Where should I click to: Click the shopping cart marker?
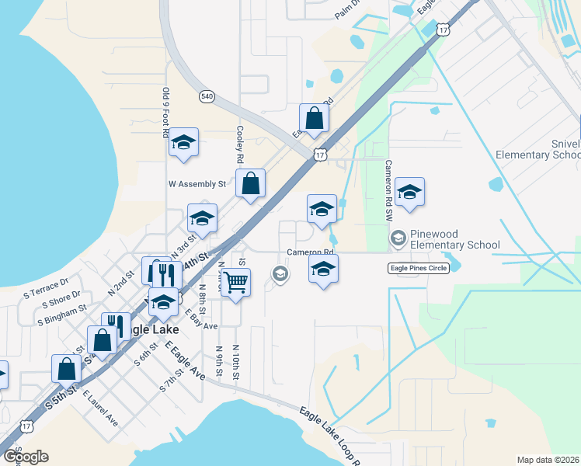tap(235, 282)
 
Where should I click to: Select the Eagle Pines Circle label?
tap(419, 268)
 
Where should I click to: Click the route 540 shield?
tap(206, 96)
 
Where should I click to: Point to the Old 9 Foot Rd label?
tap(165, 112)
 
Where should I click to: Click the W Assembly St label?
tap(197, 184)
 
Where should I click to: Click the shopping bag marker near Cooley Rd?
tap(251, 184)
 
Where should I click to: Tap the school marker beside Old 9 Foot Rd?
tap(184, 143)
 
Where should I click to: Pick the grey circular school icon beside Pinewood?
tap(398, 237)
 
